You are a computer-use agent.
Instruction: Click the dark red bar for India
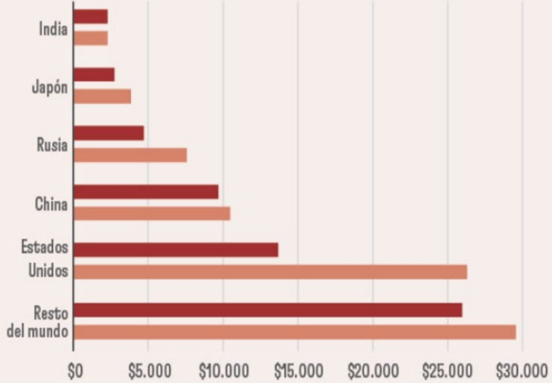91,16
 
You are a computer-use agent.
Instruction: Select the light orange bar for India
91,38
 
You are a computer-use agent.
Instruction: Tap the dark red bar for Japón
94,74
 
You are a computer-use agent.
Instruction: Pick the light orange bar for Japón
102,96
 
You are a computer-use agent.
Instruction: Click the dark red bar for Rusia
109,133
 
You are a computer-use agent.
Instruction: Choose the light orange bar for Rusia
130,155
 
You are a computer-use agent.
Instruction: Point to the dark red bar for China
146,192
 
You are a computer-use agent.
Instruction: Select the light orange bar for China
152,213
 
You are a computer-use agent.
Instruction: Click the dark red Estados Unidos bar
176,250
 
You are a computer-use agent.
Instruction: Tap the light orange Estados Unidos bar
271,272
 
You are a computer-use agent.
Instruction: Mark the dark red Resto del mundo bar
268,310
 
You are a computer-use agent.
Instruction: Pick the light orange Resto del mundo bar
295,332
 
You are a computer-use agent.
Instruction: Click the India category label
53,29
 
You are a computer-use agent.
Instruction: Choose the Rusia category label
52,145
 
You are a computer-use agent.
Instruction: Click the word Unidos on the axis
48,271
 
